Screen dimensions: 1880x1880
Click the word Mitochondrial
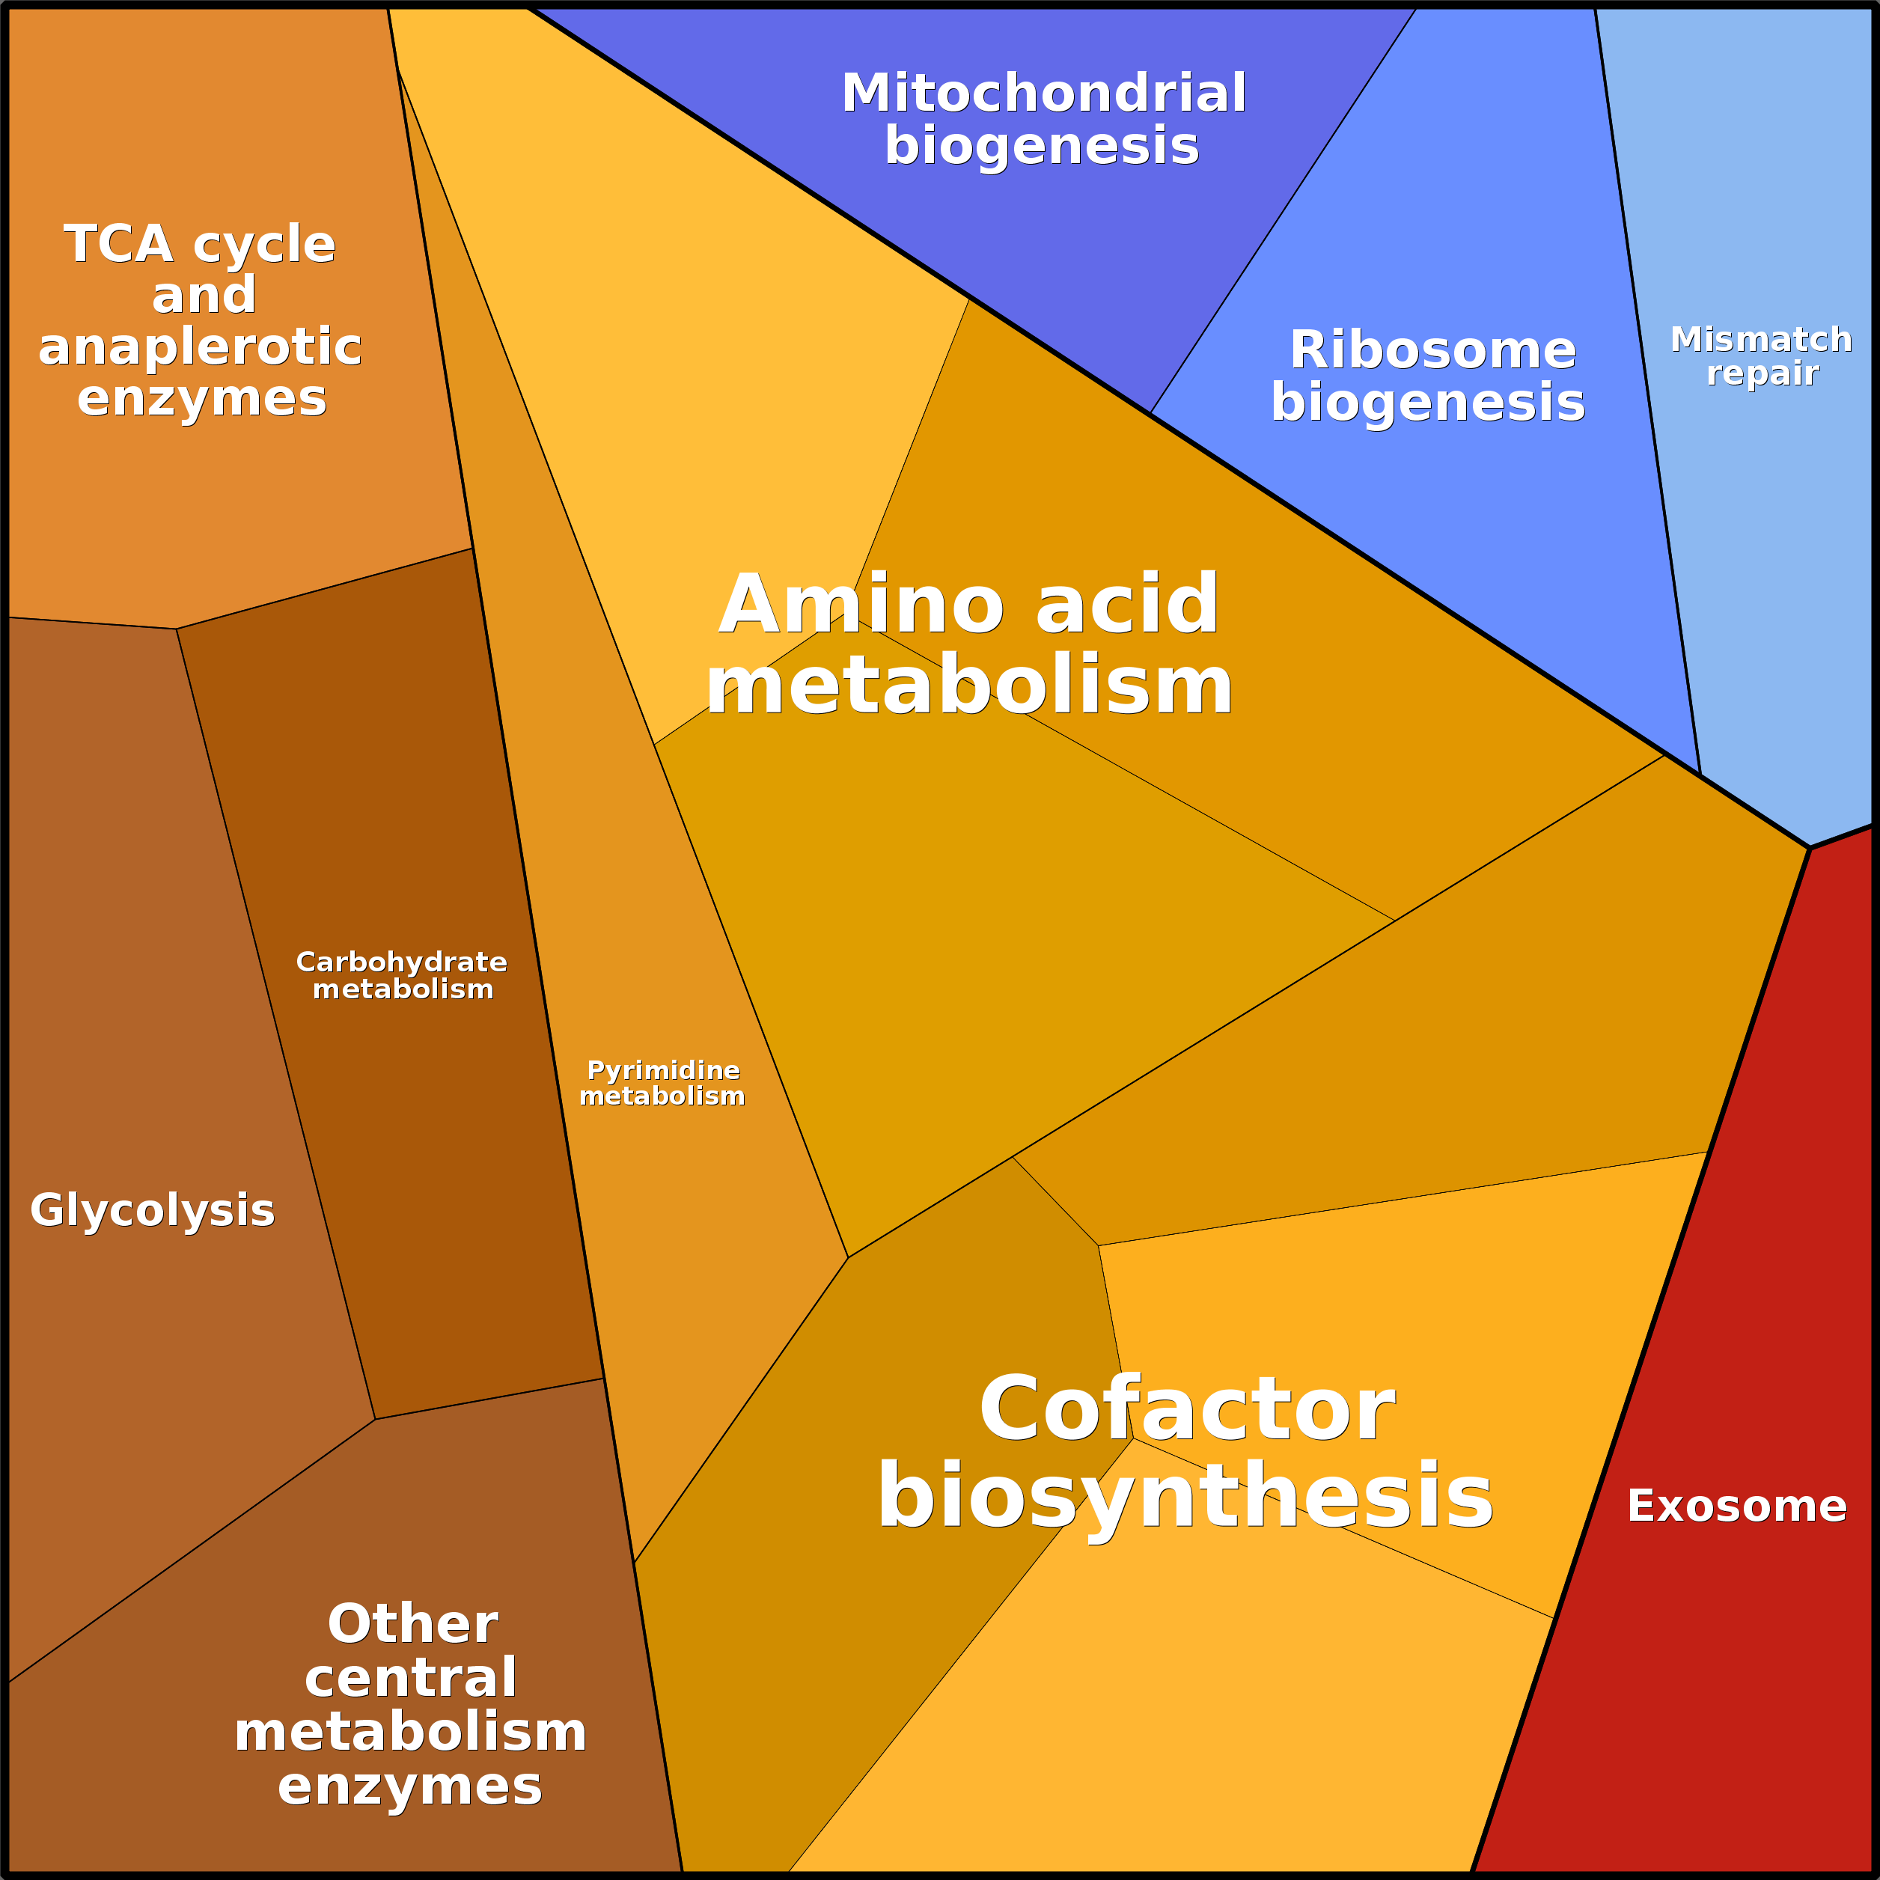[x=1043, y=94]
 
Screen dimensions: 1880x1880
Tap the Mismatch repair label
[x=1761, y=356]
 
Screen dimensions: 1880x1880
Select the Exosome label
[x=1737, y=1507]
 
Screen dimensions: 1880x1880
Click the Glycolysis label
[x=153, y=1210]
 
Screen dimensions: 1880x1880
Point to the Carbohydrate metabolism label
[x=402, y=975]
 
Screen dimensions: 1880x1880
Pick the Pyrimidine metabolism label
[x=662, y=1083]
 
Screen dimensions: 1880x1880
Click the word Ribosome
[x=1432, y=350]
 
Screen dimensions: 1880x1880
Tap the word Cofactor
[x=1187, y=1410]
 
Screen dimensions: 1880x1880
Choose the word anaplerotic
[x=201, y=347]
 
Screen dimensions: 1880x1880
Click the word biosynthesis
[x=1185, y=1498]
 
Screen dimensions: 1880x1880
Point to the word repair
[x=1762, y=373]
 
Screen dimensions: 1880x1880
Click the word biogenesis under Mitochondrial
[x=1041, y=146]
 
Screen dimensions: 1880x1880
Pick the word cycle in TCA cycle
[x=265, y=243]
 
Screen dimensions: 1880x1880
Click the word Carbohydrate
[x=402, y=962]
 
